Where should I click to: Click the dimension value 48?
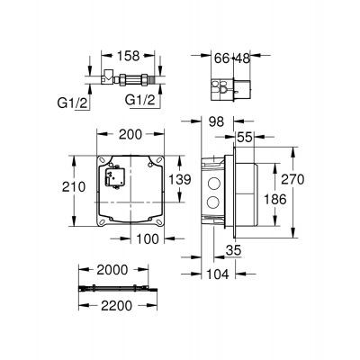click(x=244, y=58)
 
